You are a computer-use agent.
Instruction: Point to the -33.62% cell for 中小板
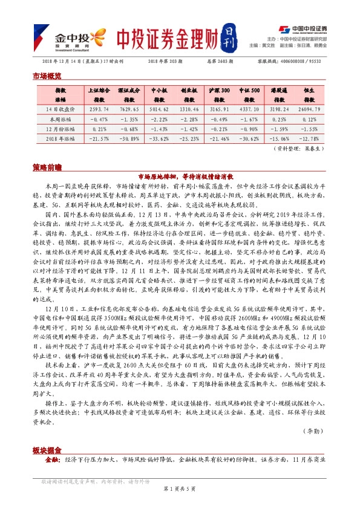coord(159,138)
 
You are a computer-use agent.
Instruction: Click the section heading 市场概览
coord(47,76)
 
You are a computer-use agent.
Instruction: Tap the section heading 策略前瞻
coord(47,166)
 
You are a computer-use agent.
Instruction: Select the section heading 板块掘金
coord(47,451)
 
